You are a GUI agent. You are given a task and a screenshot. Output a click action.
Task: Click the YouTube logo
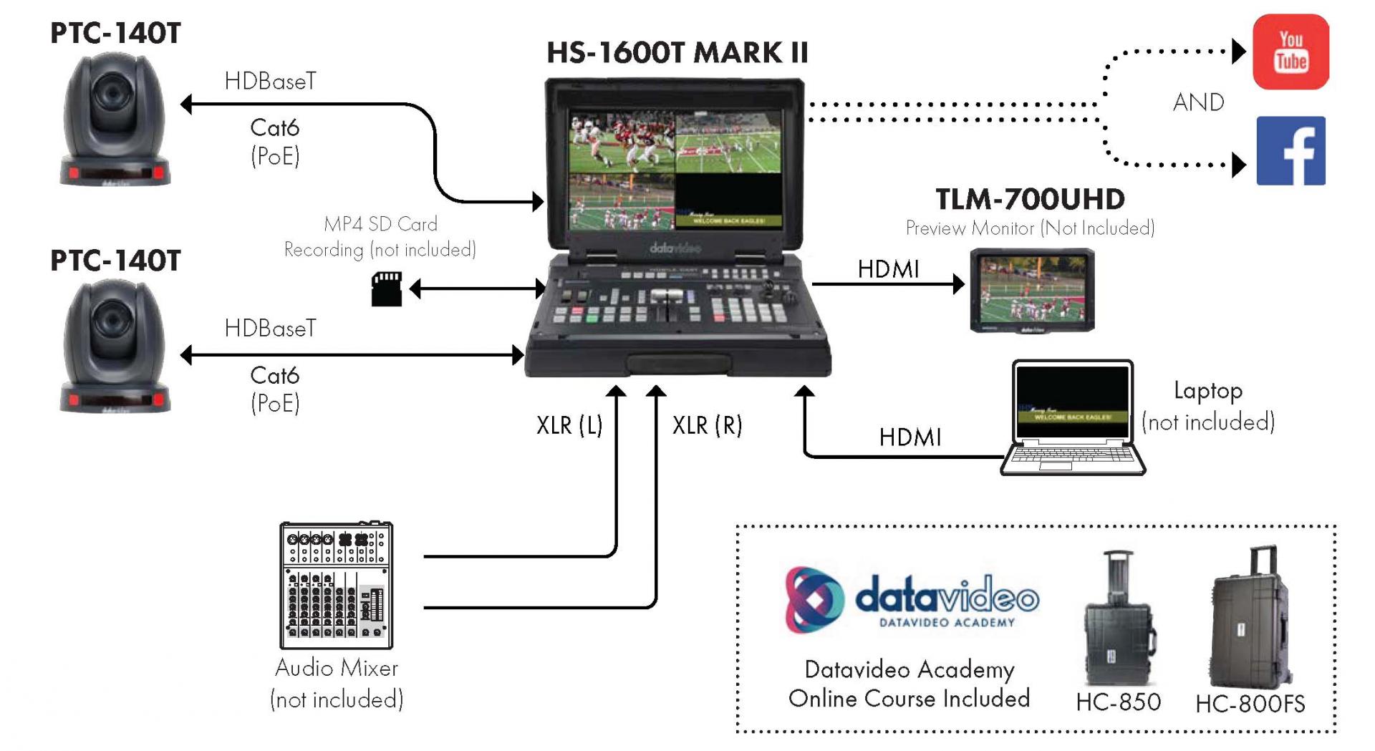click(x=1290, y=52)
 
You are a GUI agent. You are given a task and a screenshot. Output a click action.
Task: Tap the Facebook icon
click(x=1290, y=151)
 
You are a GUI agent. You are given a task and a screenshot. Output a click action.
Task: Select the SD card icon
click(x=387, y=289)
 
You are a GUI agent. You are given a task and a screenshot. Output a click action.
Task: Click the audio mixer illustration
click(x=336, y=586)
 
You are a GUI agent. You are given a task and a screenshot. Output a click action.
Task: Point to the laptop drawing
click(x=1072, y=417)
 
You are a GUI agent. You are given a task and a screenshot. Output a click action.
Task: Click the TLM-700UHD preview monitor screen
click(x=1032, y=290)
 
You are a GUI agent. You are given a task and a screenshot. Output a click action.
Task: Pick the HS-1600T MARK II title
click(x=677, y=53)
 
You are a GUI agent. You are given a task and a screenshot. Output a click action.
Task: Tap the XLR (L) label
click(x=569, y=425)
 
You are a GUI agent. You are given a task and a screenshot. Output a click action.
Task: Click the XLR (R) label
click(x=707, y=425)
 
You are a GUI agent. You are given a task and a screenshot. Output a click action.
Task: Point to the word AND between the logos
click(x=1198, y=102)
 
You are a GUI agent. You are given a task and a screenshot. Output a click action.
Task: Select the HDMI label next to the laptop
click(x=910, y=437)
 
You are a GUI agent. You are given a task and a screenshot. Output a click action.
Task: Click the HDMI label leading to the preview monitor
click(x=888, y=269)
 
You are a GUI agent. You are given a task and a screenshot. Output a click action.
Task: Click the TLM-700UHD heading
click(x=1030, y=199)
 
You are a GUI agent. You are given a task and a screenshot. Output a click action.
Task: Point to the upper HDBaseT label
click(x=270, y=82)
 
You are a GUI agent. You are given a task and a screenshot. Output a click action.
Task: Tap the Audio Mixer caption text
click(x=337, y=668)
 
